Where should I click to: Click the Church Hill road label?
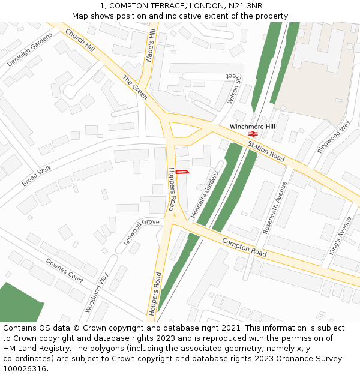click(80, 40)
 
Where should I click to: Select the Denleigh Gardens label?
click(30, 49)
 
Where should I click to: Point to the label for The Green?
click(135, 88)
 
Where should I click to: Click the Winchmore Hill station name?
click(253, 127)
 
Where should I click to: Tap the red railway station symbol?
click(253, 134)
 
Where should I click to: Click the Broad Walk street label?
click(37, 176)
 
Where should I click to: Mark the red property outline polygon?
click(184, 172)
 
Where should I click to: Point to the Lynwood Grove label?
click(141, 231)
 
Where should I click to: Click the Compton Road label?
click(244, 247)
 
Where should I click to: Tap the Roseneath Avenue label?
click(274, 207)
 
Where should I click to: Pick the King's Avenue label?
click(340, 236)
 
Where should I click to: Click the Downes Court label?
click(65, 271)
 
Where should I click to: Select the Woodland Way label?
click(96, 293)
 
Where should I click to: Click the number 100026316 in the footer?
click(25, 369)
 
